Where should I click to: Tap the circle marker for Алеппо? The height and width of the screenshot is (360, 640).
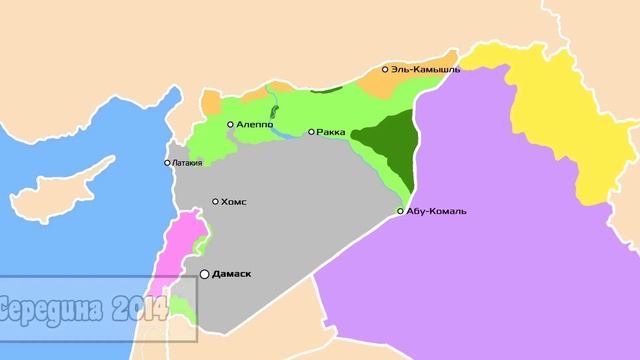click(x=230, y=124)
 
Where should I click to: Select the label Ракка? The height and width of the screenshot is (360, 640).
click(x=331, y=131)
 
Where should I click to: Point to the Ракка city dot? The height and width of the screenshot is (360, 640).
click(x=311, y=131)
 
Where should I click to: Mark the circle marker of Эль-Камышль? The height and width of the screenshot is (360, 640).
click(x=386, y=70)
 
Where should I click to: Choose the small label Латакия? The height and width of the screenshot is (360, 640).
click(x=188, y=163)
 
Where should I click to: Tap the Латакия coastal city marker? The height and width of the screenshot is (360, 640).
click(x=168, y=163)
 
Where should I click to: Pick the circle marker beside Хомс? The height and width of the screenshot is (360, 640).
click(x=215, y=201)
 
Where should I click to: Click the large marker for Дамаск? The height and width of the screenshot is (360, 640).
click(x=205, y=273)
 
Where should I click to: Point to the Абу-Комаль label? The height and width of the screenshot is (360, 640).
click(x=437, y=211)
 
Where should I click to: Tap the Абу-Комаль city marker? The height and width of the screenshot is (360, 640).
click(x=401, y=211)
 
